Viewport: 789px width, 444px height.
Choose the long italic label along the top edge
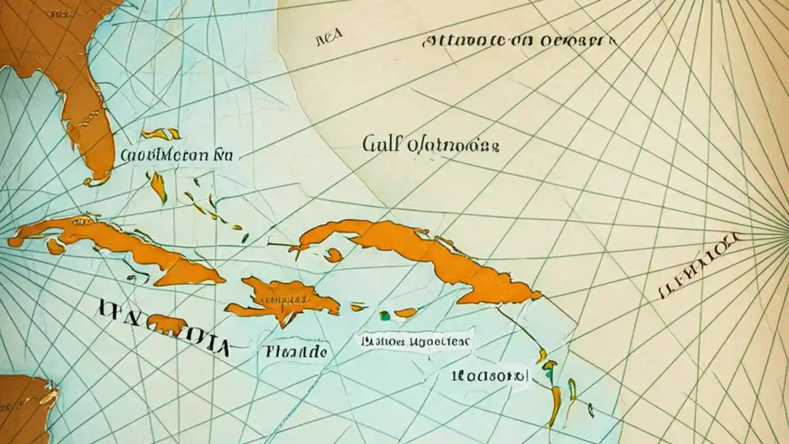519,42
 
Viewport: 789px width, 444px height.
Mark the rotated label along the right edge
700,266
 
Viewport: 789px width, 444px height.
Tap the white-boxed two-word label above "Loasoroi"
415,341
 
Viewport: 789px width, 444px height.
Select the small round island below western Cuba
55,246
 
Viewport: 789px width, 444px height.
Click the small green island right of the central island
385,316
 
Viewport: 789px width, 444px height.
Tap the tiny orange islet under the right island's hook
333,255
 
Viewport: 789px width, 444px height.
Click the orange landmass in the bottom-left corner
25,407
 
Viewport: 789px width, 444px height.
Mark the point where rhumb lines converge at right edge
785,233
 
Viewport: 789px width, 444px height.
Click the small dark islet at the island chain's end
591,408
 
